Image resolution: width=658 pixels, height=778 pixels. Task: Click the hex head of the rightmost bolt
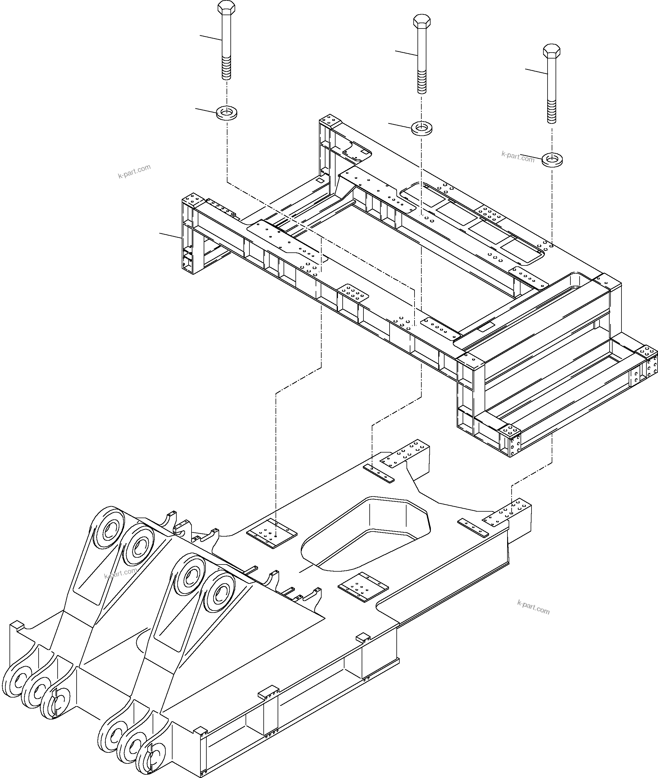[x=552, y=51]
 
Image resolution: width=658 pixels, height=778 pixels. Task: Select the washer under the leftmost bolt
[x=227, y=112]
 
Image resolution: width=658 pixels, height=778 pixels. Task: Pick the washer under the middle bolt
[x=422, y=128]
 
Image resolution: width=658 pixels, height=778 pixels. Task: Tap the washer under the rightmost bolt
[x=552, y=160]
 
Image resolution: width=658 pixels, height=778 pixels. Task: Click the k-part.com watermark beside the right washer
[x=518, y=157]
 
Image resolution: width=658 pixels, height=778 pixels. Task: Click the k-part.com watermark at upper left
[x=134, y=171]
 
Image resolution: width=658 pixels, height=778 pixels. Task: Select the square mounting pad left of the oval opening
[x=272, y=534]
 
